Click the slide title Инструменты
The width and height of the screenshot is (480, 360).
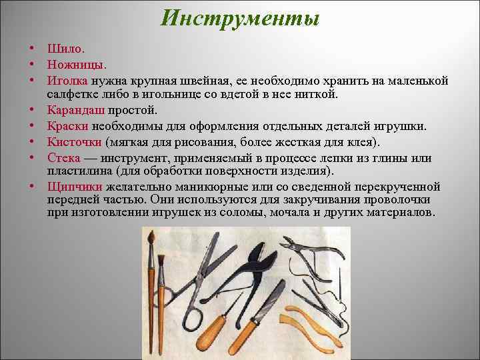pos(241,18)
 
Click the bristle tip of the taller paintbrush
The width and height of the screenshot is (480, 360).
pos(152,239)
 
